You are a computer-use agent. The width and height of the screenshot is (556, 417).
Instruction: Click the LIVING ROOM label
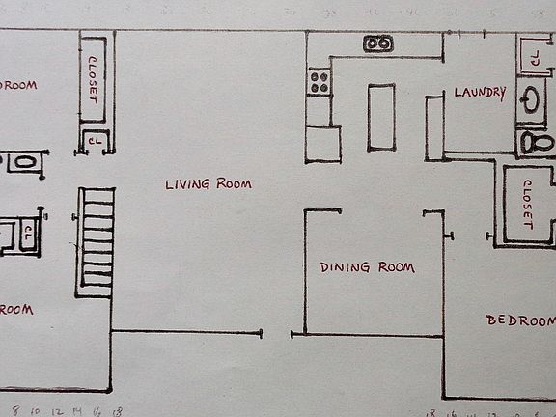click(208, 183)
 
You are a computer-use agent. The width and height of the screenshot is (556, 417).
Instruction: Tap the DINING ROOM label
click(367, 267)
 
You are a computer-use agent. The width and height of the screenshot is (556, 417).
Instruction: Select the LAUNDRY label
click(480, 93)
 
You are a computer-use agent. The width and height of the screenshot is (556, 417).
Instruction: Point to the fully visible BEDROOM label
click(521, 320)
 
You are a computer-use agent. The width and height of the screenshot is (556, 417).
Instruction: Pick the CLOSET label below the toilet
click(527, 204)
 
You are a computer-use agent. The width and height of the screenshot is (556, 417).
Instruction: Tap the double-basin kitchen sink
click(377, 43)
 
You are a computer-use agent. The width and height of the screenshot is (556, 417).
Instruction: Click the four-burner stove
click(320, 82)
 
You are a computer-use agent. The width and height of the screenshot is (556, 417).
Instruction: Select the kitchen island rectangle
click(380, 117)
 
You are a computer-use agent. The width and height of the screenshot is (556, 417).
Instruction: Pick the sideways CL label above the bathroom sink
click(533, 57)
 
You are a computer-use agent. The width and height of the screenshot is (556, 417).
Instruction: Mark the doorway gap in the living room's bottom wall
click(277, 334)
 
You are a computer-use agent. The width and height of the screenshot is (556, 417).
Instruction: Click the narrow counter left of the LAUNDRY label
click(434, 127)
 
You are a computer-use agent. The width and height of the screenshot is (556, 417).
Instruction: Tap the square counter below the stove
click(323, 143)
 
